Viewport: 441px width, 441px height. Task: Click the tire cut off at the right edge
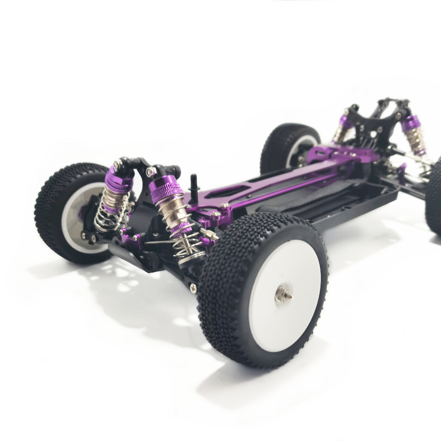point(434,198)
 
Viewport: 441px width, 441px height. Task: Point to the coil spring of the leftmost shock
point(111,215)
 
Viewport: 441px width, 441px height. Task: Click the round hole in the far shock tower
point(379,129)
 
